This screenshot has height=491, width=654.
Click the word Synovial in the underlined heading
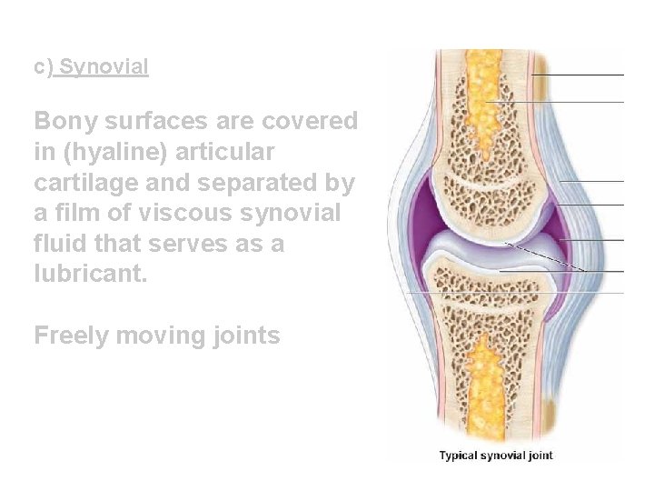(x=104, y=66)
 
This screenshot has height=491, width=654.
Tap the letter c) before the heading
(x=44, y=67)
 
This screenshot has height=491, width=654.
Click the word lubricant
(x=90, y=275)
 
